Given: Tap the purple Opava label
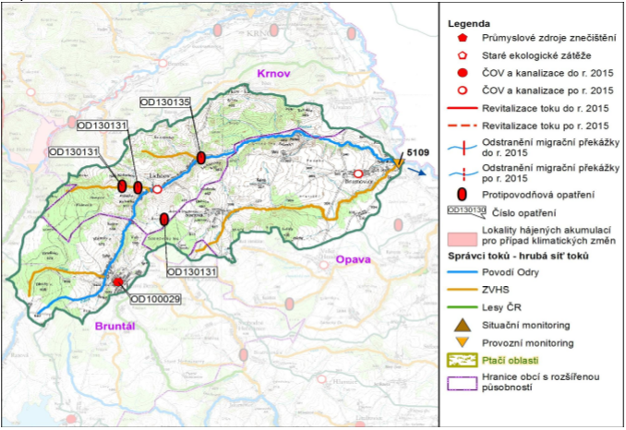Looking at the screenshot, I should point(353,260).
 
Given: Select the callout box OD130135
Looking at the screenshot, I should point(164,102).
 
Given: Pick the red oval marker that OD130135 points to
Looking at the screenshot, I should point(200,158).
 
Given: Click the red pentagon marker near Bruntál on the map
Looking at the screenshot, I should point(118,281).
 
